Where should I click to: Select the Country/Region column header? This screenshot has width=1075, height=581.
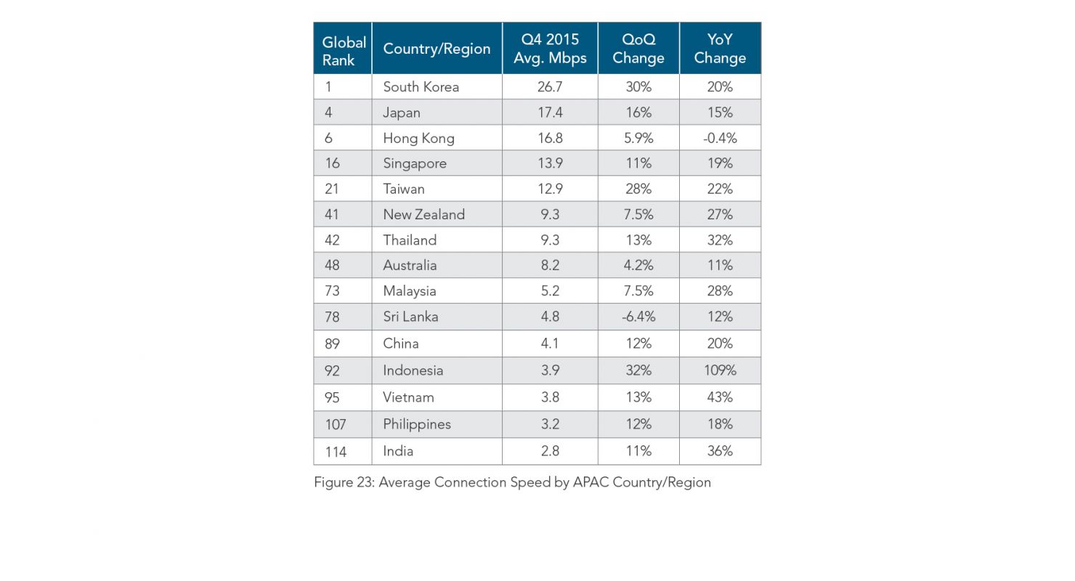click(x=437, y=49)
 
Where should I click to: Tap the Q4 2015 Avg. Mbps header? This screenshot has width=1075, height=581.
click(x=550, y=49)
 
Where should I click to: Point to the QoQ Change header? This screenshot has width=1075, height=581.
click(x=638, y=49)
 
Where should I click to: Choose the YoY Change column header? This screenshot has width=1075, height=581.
click(x=720, y=49)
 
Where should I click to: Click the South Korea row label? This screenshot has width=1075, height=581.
click(x=421, y=87)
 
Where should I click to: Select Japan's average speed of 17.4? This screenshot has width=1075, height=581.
click(x=550, y=113)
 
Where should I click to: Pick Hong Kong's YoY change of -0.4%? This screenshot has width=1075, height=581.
click(x=720, y=138)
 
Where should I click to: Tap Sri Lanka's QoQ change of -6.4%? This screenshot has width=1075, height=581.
click(x=638, y=317)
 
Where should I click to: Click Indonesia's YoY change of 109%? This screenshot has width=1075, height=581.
click(x=720, y=370)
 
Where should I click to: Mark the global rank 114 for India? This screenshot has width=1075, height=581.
click(x=336, y=452)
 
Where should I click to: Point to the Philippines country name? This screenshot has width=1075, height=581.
click(x=417, y=424)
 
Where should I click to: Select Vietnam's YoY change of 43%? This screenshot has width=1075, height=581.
click(x=720, y=397)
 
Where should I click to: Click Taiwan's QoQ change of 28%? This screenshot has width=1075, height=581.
click(x=638, y=189)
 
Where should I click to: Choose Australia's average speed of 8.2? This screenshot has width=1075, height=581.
click(x=550, y=265)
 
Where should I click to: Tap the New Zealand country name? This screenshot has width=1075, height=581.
click(x=423, y=214)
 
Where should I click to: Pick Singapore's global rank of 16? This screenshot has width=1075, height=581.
click(x=332, y=163)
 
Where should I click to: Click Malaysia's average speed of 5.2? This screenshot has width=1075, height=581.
click(x=550, y=290)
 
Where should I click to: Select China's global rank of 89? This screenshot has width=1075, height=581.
click(x=332, y=344)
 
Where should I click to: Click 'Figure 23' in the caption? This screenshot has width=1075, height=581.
click(x=344, y=482)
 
